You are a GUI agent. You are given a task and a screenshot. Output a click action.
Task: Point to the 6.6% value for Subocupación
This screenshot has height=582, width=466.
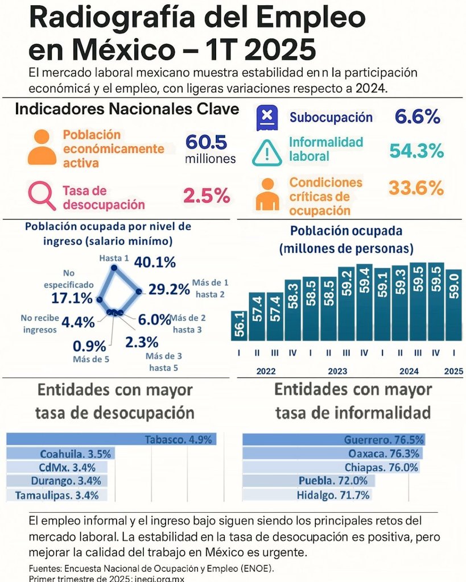click(417, 117)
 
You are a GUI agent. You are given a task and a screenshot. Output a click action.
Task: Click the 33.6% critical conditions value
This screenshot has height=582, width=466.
click(415, 188)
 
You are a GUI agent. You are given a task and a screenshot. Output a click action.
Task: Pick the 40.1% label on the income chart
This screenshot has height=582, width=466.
click(154, 262)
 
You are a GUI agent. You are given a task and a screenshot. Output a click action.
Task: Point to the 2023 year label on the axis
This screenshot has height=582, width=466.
click(337, 371)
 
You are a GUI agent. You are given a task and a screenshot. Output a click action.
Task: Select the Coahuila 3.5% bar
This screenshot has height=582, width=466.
click(59, 454)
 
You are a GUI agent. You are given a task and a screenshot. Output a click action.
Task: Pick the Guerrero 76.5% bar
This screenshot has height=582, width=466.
click(333, 439)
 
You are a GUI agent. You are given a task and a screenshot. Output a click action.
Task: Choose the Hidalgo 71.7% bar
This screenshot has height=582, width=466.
click(307, 494)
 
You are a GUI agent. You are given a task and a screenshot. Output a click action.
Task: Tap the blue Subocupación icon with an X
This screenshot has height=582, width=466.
click(266, 117)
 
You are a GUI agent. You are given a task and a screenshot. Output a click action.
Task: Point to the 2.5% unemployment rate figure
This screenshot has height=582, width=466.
click(206, 196)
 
